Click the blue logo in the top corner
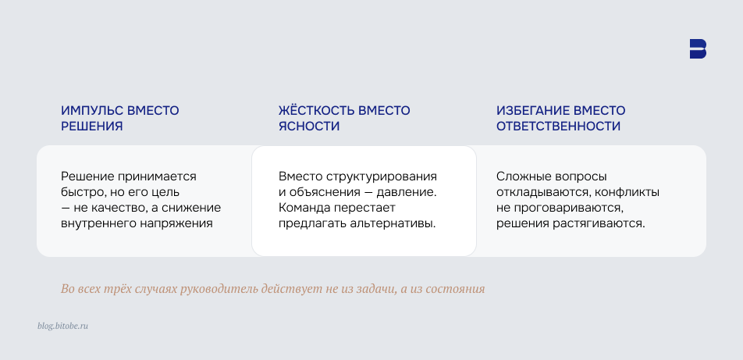[x=698, y=48]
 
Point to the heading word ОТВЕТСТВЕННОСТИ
[x=559, y=126]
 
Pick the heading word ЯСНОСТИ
[x=309, y=126]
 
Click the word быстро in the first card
[x=81, y=192]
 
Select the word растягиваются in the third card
[x=603, y=223]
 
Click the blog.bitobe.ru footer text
[x=62, y=326]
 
